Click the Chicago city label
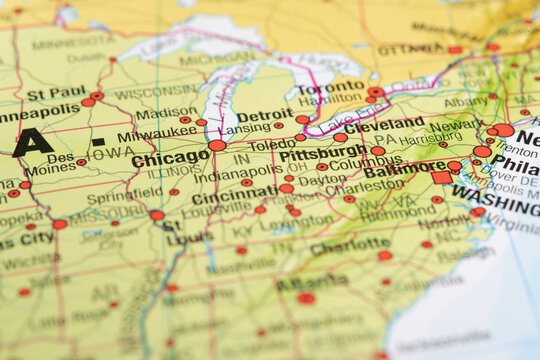[170, 158]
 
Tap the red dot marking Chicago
[217, 145]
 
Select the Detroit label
[265, 116]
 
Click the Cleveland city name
[384, 125]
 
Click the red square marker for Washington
[441, 177]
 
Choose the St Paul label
[55, 94]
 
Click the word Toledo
[272, 145]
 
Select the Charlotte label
[350, 246]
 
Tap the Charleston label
[362, 185]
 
